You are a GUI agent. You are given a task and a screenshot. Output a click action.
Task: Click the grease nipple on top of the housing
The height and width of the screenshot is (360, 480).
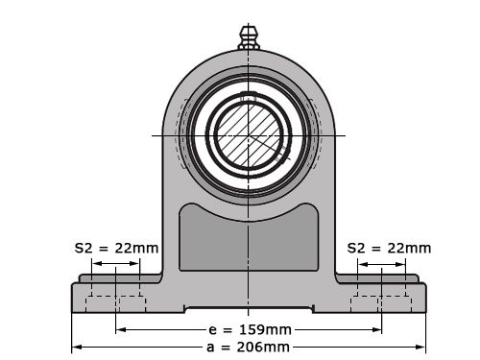pyautogui.click(x=249, y=36)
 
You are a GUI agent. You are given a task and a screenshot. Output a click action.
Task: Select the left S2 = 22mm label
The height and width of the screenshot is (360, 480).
pyautogui.click(x=116, y=248)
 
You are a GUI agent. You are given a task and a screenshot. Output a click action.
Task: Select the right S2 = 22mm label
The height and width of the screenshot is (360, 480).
pyautogui.click(x=389, y=248)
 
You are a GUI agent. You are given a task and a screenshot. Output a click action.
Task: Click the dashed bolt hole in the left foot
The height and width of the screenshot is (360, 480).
pyautogui.click(x=116, y=303)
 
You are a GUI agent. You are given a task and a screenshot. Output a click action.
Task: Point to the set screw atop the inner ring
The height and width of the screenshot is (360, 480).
pyautogui.click(x=249, y=97)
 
